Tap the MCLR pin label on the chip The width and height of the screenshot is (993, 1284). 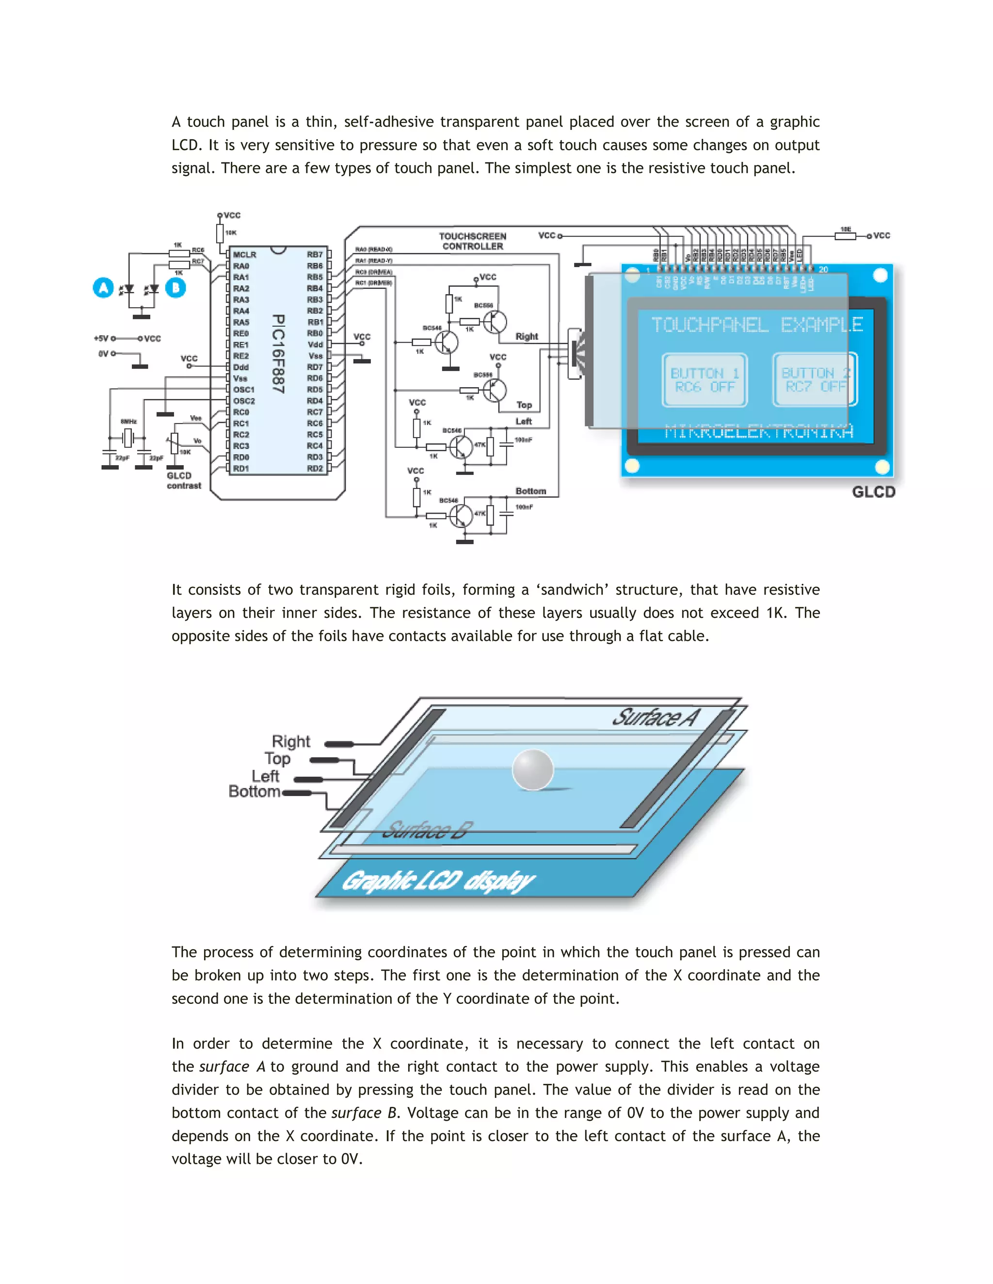[x=244, y=254]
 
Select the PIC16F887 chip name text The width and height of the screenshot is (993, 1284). [x=278, y=353]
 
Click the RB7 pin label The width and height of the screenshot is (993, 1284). [x=315, y=254]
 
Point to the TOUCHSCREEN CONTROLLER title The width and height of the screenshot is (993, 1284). [x=472, y=241]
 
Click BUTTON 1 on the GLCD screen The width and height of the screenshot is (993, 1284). [x=704, y=380]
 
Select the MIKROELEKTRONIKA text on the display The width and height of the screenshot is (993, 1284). [x=759, y=432]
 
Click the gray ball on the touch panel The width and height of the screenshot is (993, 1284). [x=533, y=769]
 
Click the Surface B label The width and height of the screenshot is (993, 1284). [x=428, y=830]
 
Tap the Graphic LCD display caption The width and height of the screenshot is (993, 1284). [x=438, y=881]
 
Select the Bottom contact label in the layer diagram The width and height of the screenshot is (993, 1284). [x=254, y=792]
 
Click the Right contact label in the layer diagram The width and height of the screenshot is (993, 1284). [x=290, y=741]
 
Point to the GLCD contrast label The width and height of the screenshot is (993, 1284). [x=184, y=480]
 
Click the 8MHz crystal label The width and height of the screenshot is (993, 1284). [x=128, y=422]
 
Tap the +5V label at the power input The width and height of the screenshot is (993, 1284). [x=101, y=339]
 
